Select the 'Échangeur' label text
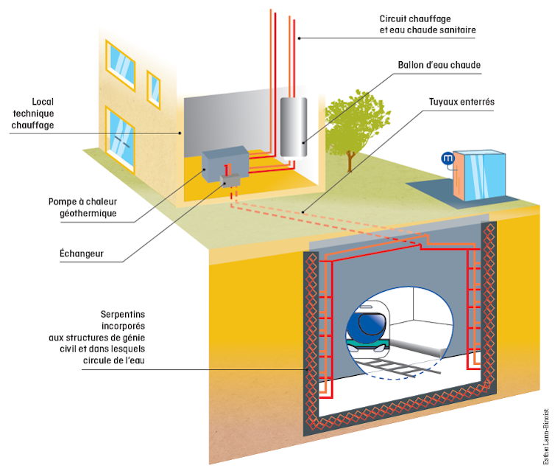click(81, 254)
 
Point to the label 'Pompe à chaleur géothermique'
click(82, 207)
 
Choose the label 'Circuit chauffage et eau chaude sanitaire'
click(428, 24)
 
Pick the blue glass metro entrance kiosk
click(478, 175)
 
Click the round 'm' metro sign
click(446, 158)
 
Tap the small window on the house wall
click(154, 87)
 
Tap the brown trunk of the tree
click(352, 158)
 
